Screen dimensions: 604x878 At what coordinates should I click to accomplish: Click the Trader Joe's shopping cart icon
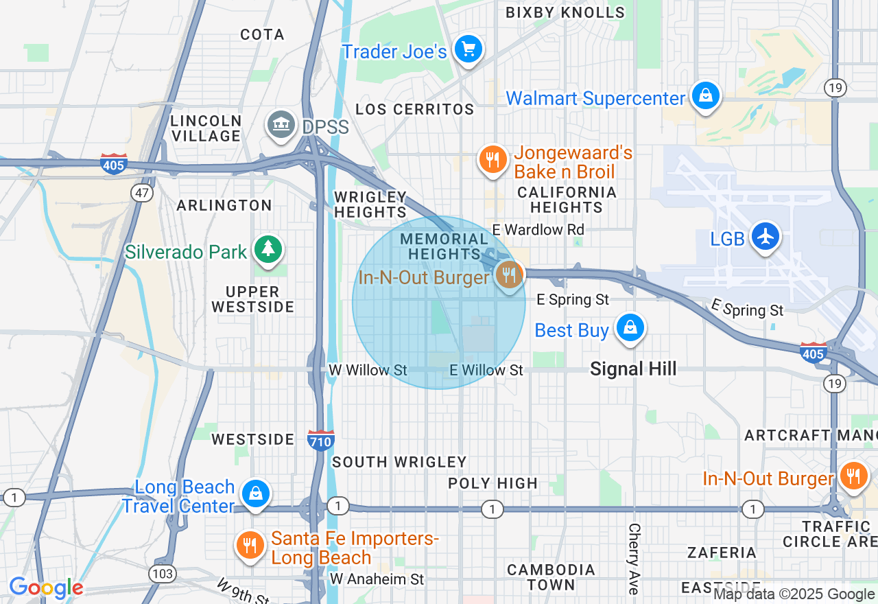[468, 49]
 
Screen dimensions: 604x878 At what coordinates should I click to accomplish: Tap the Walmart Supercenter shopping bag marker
[705, 96]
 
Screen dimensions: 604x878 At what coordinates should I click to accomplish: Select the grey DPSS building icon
[281, 125]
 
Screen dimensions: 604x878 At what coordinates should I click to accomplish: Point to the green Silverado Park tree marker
[268, 249]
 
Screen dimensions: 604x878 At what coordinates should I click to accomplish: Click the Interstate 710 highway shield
[320, 439]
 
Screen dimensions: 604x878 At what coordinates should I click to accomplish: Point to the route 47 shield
[142, 193]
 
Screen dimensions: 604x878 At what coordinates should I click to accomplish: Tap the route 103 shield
[165, 573]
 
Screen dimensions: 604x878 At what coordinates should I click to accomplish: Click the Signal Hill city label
[633, 369]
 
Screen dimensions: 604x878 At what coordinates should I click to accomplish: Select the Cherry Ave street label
[634, 559]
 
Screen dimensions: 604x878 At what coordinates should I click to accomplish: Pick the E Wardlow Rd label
[538, 229]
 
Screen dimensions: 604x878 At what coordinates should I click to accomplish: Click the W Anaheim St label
[377, 579]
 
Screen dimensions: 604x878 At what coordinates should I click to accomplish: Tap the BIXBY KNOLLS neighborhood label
[565, 12]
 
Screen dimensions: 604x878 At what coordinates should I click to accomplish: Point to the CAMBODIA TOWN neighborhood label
[551, 577]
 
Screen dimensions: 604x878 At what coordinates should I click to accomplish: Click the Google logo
[46, 588]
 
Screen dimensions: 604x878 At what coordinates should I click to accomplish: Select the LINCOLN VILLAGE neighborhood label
[206, 128]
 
